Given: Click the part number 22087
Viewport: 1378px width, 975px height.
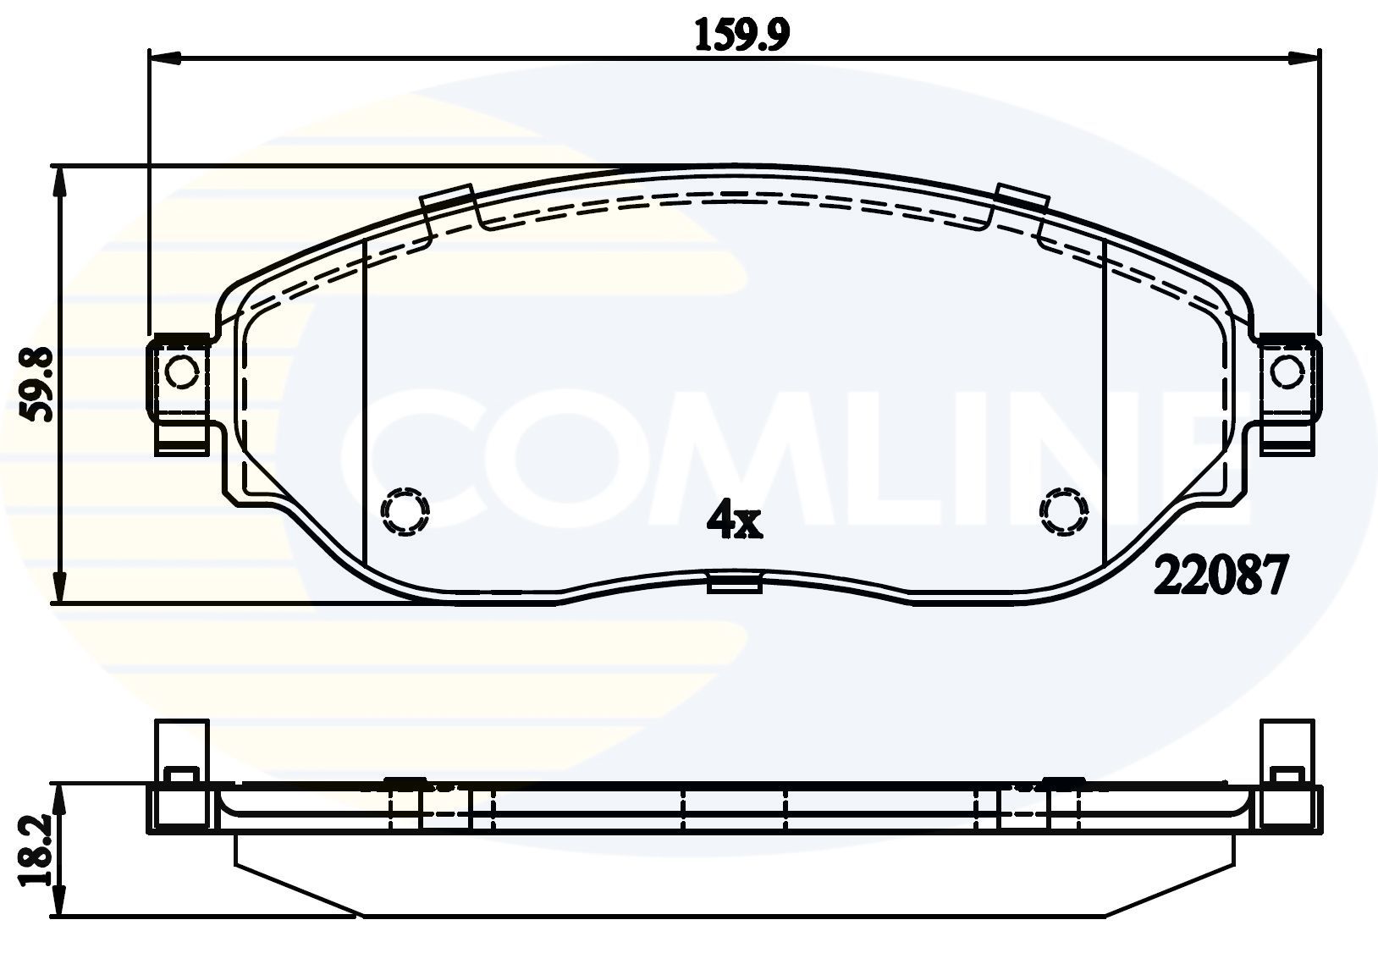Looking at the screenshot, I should point(1221,578).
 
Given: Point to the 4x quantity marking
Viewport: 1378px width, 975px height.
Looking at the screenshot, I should point(734,521).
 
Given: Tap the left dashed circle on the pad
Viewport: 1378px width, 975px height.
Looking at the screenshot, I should point(405,511).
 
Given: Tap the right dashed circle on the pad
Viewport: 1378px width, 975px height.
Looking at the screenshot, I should point(1063,511).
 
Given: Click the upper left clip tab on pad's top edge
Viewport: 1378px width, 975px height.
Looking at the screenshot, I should point(446,197).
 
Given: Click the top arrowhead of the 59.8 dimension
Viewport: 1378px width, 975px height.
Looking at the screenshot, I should point(58,179).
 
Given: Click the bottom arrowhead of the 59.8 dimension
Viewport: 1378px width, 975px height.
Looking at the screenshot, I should point(58,589).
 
